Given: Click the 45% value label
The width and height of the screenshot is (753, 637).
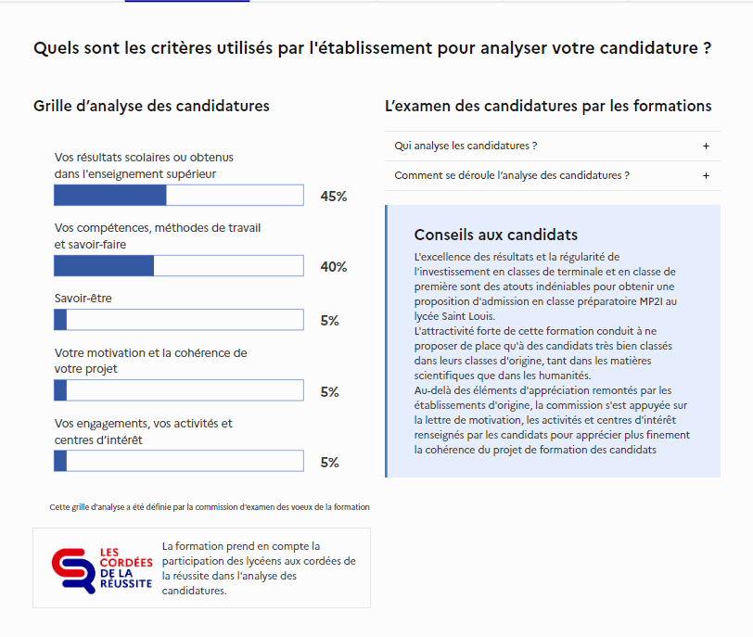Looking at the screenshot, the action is point(334,197).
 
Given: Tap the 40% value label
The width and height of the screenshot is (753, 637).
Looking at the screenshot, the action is point(334,267).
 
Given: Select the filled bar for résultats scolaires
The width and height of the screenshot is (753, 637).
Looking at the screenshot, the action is point(110,196).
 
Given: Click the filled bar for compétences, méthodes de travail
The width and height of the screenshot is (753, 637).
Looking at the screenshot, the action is point(104,266).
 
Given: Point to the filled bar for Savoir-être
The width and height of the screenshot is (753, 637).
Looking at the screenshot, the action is point(60,320).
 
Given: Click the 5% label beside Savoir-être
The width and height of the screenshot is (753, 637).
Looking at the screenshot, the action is point(330,321).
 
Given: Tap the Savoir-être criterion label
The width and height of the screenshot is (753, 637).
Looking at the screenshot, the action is point(83,298).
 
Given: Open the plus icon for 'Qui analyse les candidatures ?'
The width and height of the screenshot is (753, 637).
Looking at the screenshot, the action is point(706,146).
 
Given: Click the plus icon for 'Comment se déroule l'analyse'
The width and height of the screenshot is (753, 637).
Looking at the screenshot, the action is point(706,175).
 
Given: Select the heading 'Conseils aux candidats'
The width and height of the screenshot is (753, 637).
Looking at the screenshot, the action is point(496,235).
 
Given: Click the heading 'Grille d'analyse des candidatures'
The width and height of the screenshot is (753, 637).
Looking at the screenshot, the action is point(151,106).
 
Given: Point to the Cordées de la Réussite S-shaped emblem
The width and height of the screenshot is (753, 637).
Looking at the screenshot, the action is point(73,571).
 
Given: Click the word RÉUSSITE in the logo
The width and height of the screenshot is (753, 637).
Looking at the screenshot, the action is point(126,583).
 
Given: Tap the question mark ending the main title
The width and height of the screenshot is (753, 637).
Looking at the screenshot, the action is point(707,48).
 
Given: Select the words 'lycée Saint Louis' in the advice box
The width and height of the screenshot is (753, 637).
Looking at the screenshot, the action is point(453,316).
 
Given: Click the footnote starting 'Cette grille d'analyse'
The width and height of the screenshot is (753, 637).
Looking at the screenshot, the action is point(210,507).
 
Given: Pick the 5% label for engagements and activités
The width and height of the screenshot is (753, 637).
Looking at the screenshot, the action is point(330,463).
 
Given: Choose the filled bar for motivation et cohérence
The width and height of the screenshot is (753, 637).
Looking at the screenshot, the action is point(60,390).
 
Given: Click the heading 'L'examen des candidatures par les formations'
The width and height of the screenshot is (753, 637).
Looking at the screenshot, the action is point(548,106).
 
